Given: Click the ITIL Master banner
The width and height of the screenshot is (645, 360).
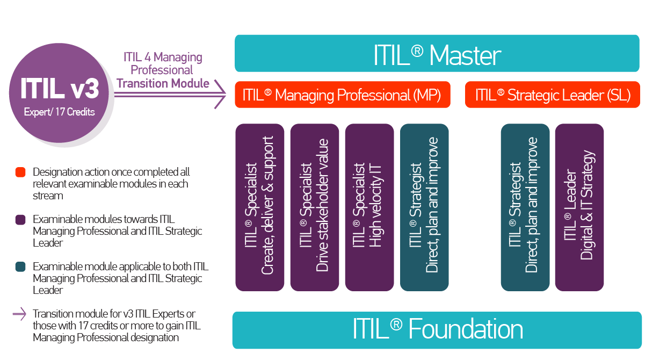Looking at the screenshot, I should click(x=437, y=54).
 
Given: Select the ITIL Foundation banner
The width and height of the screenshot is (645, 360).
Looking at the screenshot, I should click(x=437, y=330).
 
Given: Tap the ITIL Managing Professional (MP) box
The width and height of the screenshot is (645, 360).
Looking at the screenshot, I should click(x=342, y=95).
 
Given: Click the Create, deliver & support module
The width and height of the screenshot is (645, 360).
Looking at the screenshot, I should click(x=260, y=207).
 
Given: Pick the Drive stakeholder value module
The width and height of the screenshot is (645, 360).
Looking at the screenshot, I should click(x=315, y=207).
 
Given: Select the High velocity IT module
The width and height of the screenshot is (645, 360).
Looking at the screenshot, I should click(x=369, y=207).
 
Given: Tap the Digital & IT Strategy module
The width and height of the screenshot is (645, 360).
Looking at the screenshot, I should click(x=579, y=207).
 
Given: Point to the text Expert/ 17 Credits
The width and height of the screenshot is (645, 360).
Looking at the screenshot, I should click(x=59, y=112).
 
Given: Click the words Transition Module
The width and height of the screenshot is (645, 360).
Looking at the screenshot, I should click(x=163, y=83).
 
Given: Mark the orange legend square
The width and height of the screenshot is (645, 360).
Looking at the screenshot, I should click(x=21, y=172).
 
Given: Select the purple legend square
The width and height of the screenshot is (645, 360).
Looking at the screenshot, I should click(x=21, y=220).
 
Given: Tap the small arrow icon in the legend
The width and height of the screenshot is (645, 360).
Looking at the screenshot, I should click(x=19, y=314).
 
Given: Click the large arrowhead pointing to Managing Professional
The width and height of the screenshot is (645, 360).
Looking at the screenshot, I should click(x=220, y=95).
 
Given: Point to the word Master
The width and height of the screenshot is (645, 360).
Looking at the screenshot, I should click(x=465, y=55).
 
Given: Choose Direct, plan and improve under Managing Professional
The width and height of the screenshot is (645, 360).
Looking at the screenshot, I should click(x=424, y=207).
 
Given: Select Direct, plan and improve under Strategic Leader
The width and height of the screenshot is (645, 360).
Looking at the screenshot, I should click(x=525, y=207).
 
